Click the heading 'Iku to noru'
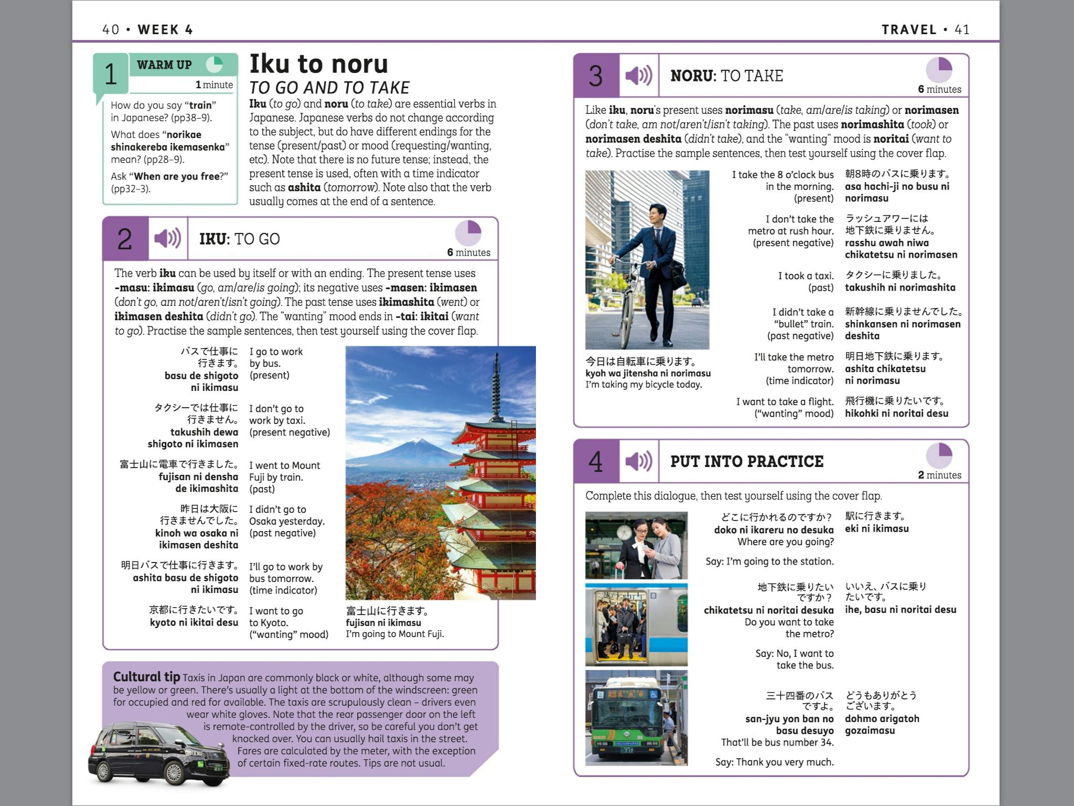coord(318,65)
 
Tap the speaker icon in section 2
coord(167,238)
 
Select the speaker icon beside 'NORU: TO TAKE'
coord(638,76)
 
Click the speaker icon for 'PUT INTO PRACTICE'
coord(638,461)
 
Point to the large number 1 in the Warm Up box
coord(111,74)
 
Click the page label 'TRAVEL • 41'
coord(925,29)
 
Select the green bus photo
coord(636,717)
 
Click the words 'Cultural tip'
coord(146,677)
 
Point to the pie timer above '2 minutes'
coord(939,455)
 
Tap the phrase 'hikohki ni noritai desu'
coord(896,413)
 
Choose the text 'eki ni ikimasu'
coord(876,528)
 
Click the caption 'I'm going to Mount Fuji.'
coord(394,634)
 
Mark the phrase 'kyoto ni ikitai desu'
coord(194,622)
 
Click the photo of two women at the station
coord(636,546)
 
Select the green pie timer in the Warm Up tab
coord(214,65)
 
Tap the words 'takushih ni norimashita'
coord(900,288)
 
